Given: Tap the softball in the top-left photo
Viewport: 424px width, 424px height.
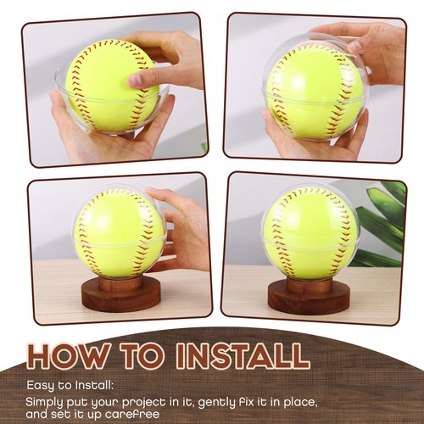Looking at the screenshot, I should (106, 85).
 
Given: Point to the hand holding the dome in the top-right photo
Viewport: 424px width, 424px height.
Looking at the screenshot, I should (356, 42).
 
